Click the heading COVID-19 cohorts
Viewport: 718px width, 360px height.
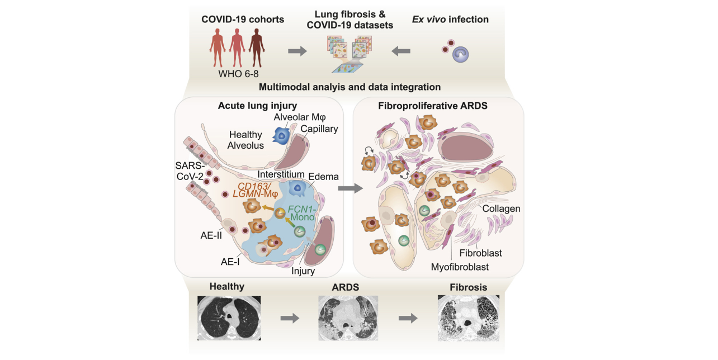tap(243, 20)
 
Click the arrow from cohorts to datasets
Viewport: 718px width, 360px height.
tap(297, 51)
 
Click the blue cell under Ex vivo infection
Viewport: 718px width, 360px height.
tap(460, 54)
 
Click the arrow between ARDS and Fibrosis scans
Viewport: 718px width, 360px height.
tap(408, 318)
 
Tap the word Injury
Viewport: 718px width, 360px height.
tap(303, 271)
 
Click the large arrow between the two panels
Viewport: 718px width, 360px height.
tap(351, 189)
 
